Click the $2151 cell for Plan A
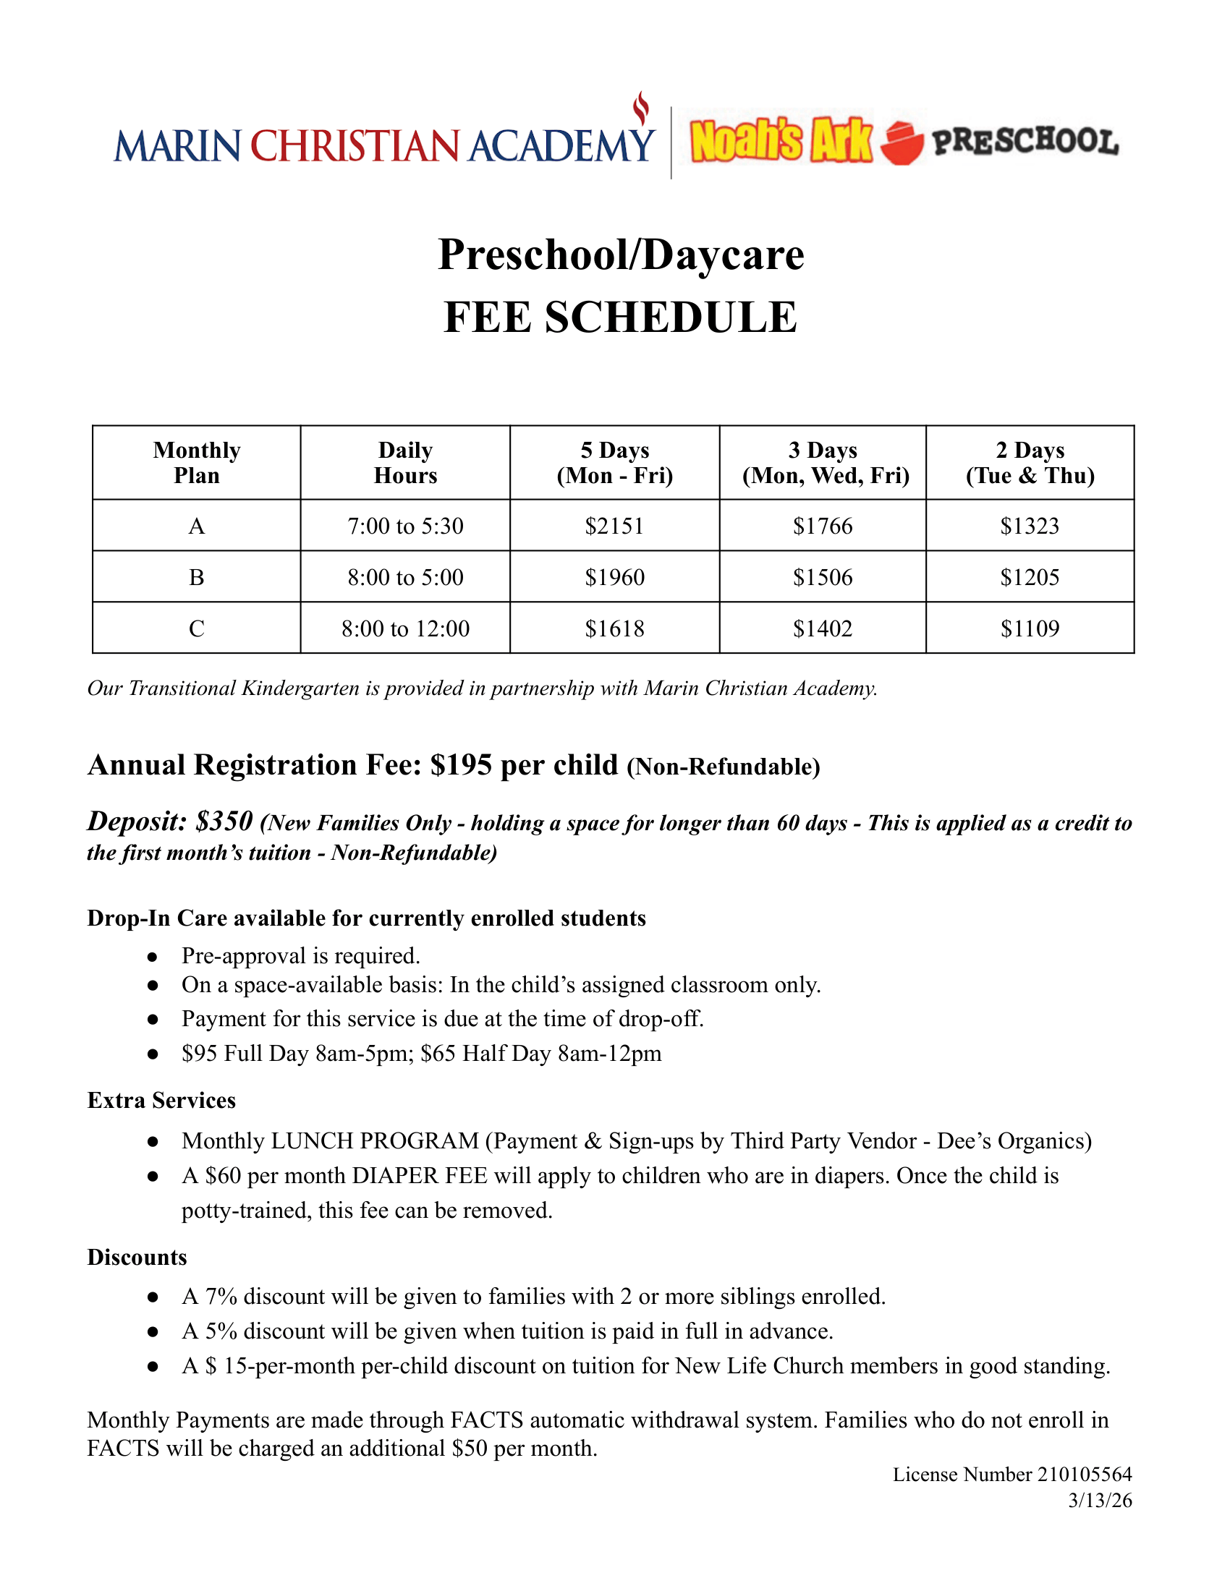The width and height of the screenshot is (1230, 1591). click(x=614, y=525)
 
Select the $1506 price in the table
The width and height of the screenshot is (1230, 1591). click(x=823, y=577)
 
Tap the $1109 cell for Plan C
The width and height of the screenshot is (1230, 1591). click(x=1030, y=628)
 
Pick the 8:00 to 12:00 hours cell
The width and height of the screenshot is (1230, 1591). click(x=405, y=628)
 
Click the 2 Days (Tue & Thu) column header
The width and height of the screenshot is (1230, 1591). click(x=1030, y=463)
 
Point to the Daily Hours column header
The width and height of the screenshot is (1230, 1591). click(x=405, y=463)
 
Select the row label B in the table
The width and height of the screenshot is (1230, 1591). click(x=196, y=577)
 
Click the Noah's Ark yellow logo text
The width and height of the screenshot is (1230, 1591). click(x=781, y=140)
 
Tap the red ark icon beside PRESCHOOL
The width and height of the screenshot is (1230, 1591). click(x=902, y=142)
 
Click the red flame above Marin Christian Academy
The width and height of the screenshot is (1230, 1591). click(x=640, y=109)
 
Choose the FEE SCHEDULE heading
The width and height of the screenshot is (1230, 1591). click(x=621, y=317)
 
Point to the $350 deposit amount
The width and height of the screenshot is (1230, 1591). click(x=224, y=821)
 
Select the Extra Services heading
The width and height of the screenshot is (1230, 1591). click(x=161, y=1100)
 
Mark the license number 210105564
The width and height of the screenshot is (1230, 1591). click(x=1085, y=1475)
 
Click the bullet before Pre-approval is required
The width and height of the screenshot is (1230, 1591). click(x=152, y=956)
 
